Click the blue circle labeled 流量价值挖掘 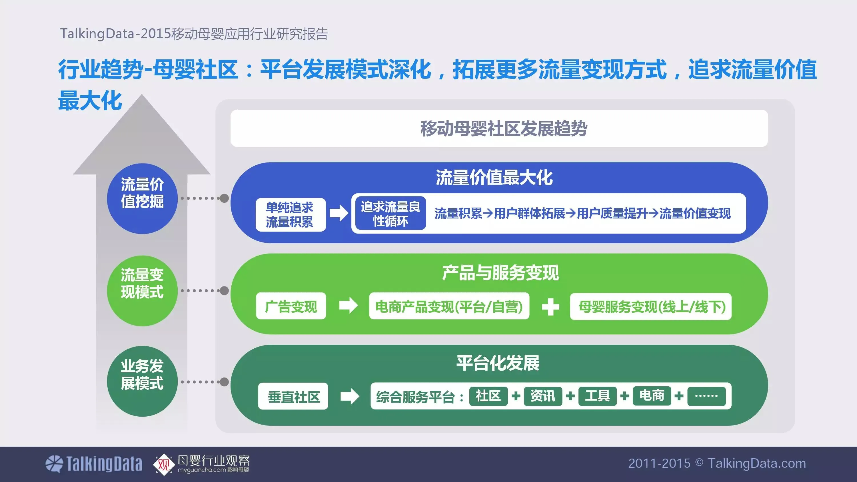click(x=142, y=198)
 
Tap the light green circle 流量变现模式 click(x=142, y=290)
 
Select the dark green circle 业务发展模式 click(x=142, y=381)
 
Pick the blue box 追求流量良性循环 click(x=390, y=213)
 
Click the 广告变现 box click(x=291, y=306)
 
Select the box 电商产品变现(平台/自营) click(x=449, y=306)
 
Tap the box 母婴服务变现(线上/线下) click(x=650, y=306)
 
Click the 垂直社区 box click(x=293, y=396)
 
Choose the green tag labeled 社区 click(x=488, y=396)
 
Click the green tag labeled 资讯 click(x=542, y=396)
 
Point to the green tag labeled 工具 click(x=597, y=396)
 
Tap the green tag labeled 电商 click(x=651, y=396)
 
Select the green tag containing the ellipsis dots click(x=706, y=396)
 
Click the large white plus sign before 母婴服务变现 click(x=550, y=306)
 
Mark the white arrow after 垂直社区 click(x=350, y=396)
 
